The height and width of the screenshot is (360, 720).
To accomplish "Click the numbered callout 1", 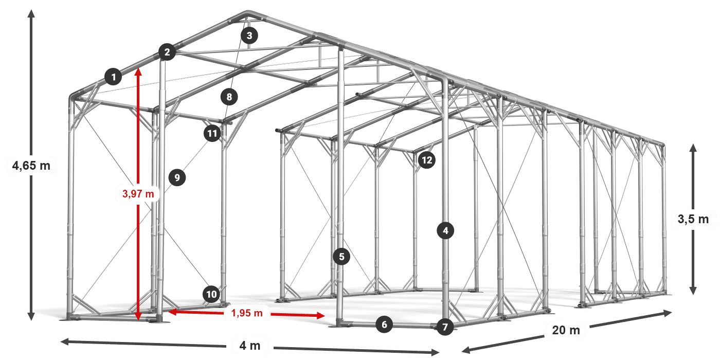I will pos(113,77).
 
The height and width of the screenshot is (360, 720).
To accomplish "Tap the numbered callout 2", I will pos(167,52).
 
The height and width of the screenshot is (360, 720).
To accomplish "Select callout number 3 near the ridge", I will pos(249,35).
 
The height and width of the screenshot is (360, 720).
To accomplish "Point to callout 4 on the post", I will pos(445,231).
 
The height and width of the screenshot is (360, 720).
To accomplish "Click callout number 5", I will pos(341,256).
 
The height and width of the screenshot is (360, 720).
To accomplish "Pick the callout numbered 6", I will pos(384,325).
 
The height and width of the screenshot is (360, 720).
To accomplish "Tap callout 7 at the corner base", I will pos(445,327).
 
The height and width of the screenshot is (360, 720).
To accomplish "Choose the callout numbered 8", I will pos(229,96).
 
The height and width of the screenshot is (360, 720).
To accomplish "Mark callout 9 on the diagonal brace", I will pos(176,178).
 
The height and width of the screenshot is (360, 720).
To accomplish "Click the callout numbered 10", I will pos(211,294).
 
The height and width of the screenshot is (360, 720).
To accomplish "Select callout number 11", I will pos(211,134).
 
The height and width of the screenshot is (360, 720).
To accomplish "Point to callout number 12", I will pos(426,160).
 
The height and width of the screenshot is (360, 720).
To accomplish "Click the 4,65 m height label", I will pos(31,166).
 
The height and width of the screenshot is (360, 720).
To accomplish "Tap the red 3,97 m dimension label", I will pos(138,194).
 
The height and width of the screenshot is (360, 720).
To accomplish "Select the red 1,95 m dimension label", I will pos(247,313).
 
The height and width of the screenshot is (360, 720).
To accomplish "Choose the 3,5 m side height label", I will pos(693,219).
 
